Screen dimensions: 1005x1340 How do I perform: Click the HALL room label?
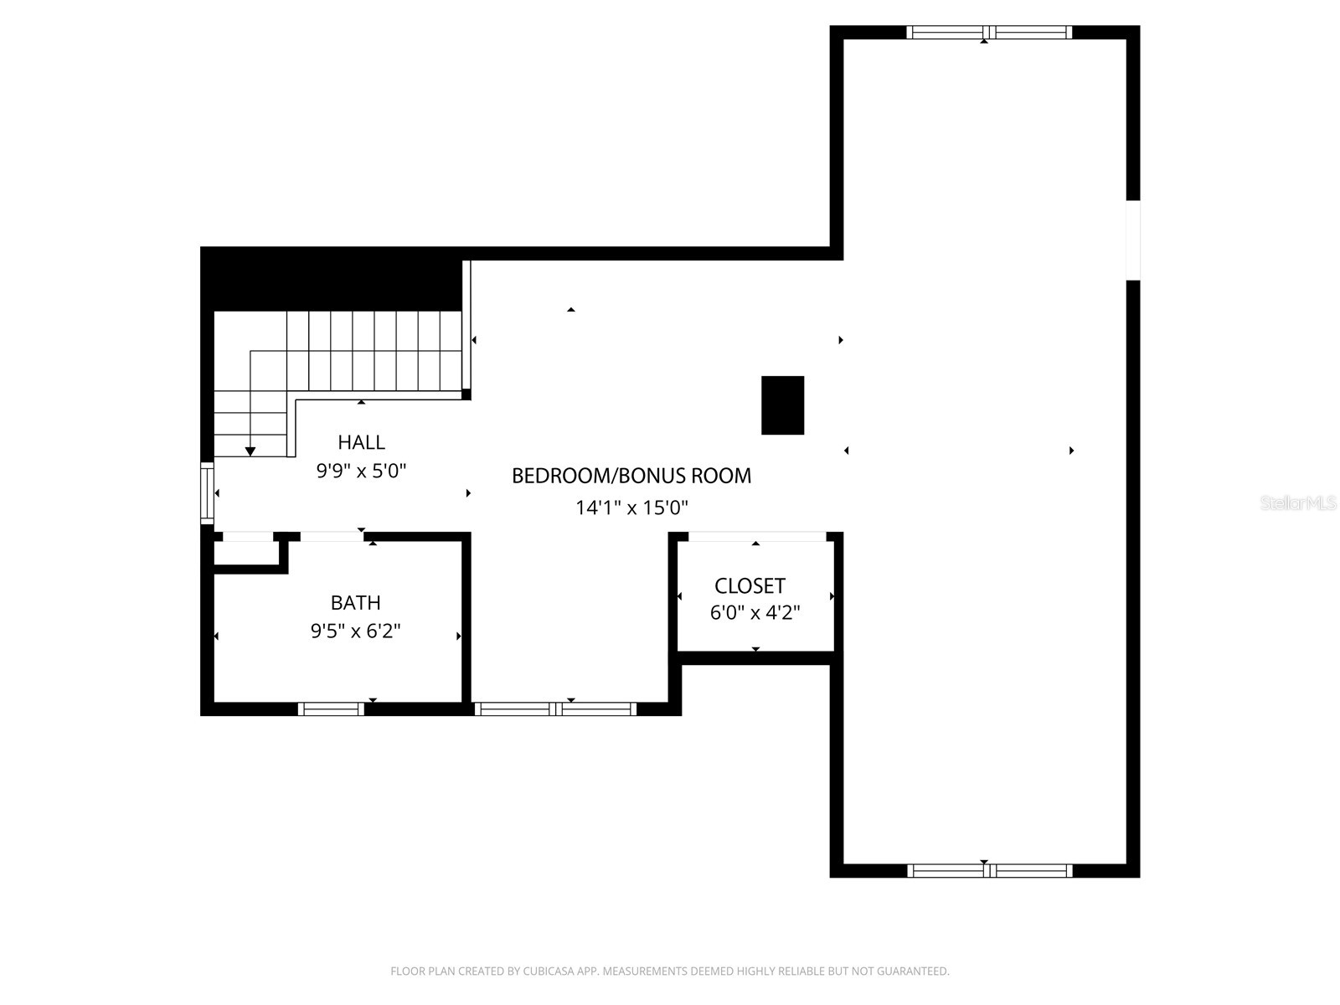click(361, 442)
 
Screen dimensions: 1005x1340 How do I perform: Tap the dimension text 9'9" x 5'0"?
click(361, 472)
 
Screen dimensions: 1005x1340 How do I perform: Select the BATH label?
click(355, 603)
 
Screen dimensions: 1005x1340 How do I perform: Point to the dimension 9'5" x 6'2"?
click(355, 631)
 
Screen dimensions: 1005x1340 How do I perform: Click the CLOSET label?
click(750, 586)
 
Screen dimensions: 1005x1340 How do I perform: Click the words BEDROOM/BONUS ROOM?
click(631, 477)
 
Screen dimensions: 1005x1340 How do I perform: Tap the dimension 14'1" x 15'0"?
click(631, 508)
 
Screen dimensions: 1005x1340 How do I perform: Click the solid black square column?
click(782, 405)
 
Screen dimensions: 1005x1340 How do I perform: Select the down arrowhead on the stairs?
click(250, 451)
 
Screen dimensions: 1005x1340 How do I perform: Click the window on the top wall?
click(988, 33)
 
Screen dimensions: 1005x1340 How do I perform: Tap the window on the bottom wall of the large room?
click(988, 870)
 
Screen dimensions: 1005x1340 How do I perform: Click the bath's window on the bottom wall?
click(332, 709)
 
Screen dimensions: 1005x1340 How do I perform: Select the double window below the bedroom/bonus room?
click(555, 709)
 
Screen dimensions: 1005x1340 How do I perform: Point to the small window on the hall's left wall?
click(207, 493)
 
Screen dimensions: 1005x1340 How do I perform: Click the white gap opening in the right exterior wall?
click(1132, 240)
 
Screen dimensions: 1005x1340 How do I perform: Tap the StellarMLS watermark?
click(1298, 503)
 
